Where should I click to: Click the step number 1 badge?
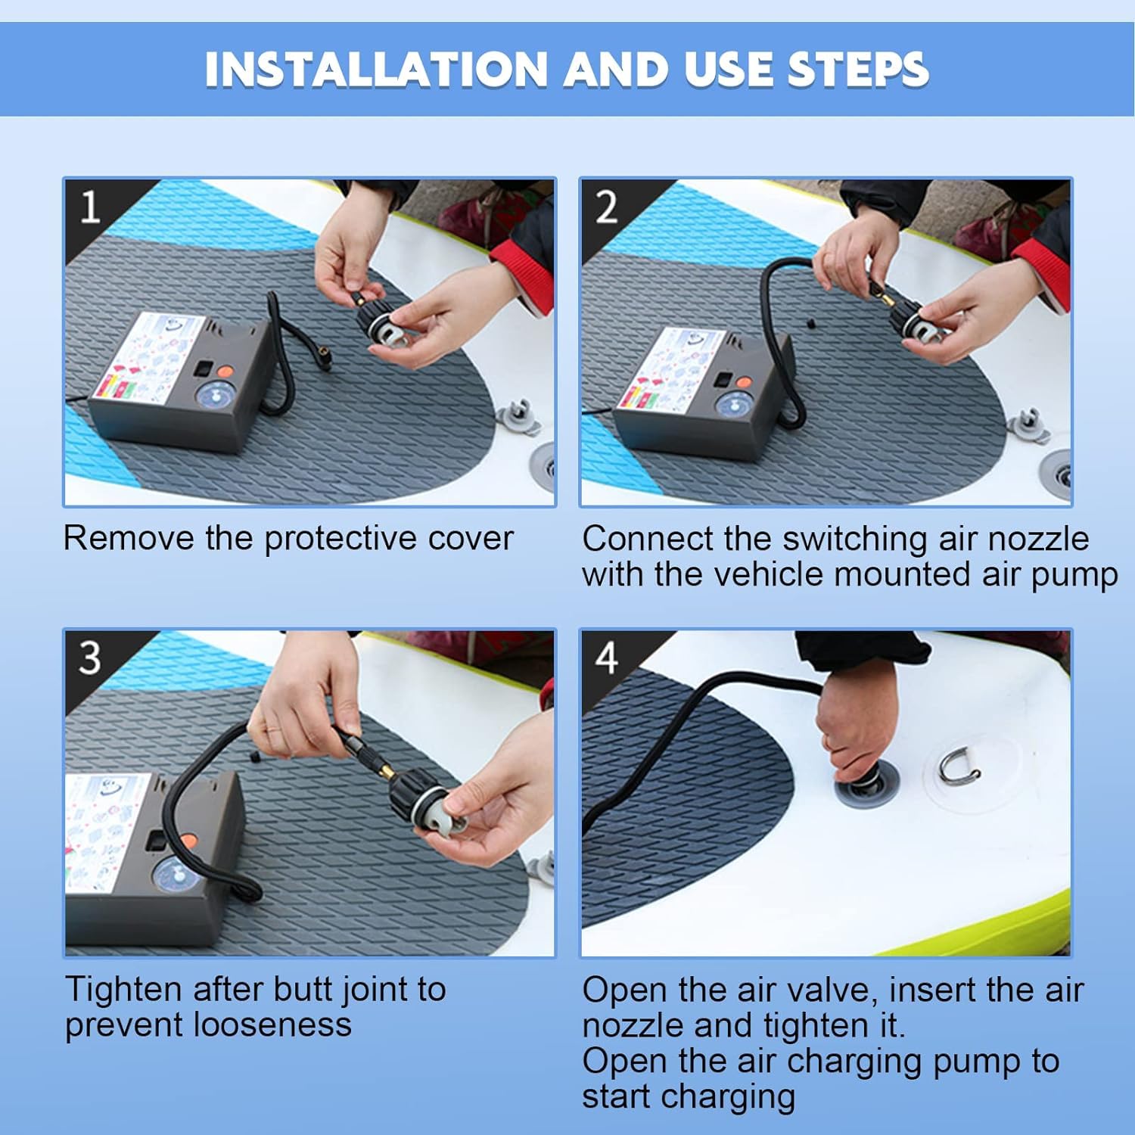(x=90, y=207)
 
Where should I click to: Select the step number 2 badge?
(x=606, y=207)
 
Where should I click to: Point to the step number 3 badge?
(x=90, y=658)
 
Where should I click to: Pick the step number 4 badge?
(x=607, y=658)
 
